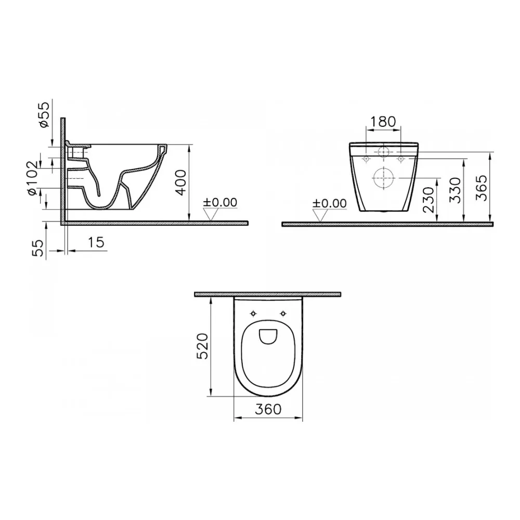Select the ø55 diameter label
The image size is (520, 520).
45,115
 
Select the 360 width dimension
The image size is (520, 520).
268,409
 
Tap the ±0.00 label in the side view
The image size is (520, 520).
220,202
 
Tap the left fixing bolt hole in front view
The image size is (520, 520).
366,158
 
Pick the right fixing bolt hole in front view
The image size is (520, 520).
400,158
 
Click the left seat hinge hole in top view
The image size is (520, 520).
253,314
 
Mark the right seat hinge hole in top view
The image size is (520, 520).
283,314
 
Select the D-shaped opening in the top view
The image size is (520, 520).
268,337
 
